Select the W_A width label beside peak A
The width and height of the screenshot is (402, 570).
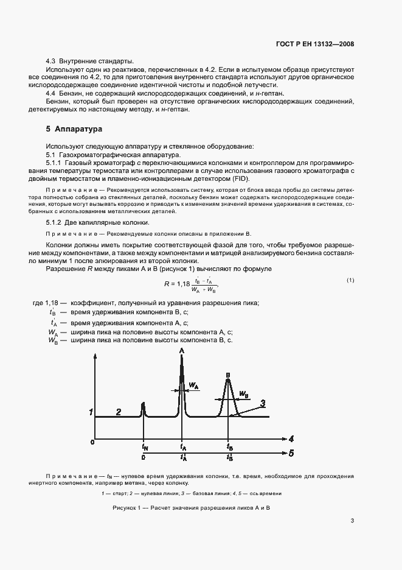[x=193, y=385]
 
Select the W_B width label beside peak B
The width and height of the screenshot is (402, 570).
[x=243, y=395]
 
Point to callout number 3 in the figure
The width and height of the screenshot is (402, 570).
[x=262, y=403]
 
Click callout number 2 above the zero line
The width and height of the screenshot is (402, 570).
[x=119, y=412]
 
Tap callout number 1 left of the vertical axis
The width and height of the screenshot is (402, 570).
[x=91, y=412]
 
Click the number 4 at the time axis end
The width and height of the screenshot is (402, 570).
[x=291, y=438]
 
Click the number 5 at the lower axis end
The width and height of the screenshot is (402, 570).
[x=291, y=453]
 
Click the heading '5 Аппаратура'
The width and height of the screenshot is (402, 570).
[x=74, y=129]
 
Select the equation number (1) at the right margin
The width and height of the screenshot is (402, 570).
[x=350, y=280]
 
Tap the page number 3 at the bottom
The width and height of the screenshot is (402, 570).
[x=352, y=520]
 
